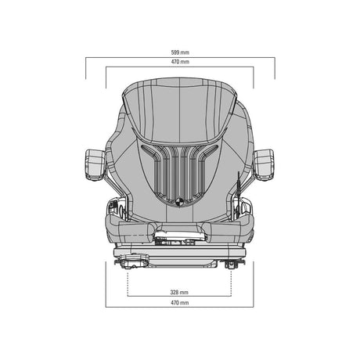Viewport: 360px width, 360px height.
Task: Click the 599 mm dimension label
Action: (x=180, y=52)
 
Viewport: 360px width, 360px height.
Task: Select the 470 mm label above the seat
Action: (x=180, y=62)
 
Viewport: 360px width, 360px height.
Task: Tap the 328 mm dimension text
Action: (x=179, y=292)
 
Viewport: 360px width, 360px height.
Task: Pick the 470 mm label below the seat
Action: (x=179, y=303)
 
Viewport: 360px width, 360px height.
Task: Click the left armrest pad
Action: (x=95, y=165)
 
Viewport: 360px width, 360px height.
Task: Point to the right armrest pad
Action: (x=264, y=165)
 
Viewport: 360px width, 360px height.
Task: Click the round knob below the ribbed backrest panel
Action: (x=180, y=200)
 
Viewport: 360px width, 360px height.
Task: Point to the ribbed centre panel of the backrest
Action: (x=180, y=174)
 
